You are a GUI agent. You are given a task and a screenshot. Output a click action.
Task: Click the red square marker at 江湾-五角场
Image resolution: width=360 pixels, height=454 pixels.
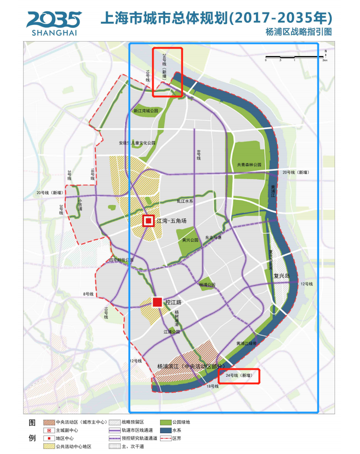pyautogui.click(x=148, y=221)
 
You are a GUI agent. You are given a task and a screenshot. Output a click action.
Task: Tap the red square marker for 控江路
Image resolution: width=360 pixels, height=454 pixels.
pyautogui.click(x=157, y=302)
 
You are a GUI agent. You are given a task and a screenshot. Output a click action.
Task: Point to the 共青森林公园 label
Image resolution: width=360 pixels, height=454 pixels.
pyautogui.click(x=249, y=164)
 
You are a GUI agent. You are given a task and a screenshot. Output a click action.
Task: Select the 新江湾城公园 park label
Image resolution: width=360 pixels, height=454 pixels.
pyautogui.click(x=146, y=111)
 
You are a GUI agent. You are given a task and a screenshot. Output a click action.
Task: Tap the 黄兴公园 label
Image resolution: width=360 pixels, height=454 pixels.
pyautogui.click(x=190, y=241)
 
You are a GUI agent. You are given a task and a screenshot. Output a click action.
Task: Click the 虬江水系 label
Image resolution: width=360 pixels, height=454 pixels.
pyautogui.click(x=185, y=201)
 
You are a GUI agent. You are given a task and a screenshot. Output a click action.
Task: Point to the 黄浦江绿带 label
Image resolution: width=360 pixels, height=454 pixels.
pyautogui.click(x=246, y=343)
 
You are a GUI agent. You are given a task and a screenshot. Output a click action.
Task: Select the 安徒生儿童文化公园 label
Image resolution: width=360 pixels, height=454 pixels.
pyautogui.click(x=137, y=143)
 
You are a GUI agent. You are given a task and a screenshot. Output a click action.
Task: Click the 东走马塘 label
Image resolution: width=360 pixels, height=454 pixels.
pyautogui.click(x=213, y=237)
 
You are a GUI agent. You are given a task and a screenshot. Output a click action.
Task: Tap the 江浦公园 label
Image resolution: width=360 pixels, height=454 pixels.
pyautogui.click(x=171, y=332)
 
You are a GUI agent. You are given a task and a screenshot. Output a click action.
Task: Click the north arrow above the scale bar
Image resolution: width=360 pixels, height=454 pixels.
pyautogui.click(x=326, y=52)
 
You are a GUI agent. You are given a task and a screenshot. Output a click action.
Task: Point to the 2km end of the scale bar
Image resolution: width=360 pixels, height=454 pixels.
pyautogui.click(x=325, y=60)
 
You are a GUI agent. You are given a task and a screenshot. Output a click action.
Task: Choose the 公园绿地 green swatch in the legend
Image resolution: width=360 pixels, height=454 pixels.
pyautogui.click(x=165, y=422)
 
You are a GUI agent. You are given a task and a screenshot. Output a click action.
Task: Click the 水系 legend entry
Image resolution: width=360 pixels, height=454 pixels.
pyautogui.click(x=176, y=430)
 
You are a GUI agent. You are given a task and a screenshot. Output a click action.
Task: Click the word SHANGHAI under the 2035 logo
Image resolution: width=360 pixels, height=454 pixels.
pyautogui.click(x=55, y=33)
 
